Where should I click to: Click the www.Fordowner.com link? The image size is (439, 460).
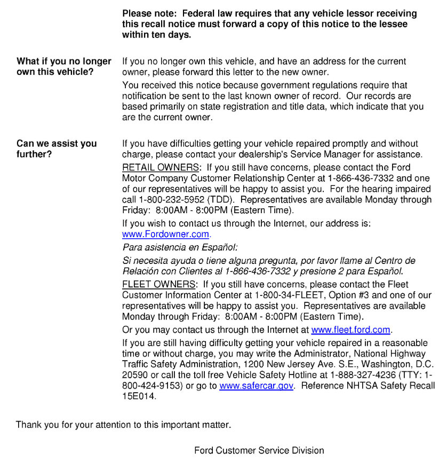[166, 234]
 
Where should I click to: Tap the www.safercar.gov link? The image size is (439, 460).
[256, 385]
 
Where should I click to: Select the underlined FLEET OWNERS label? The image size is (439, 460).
[159, 284]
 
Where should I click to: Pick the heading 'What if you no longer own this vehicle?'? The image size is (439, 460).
[63, 66]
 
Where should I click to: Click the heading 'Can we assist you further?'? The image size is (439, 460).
[56, 149]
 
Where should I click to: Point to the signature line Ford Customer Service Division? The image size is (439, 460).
[259, 450]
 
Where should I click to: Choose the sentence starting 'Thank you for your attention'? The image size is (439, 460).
[123, 425]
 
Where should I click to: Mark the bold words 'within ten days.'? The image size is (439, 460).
[156, 35]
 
